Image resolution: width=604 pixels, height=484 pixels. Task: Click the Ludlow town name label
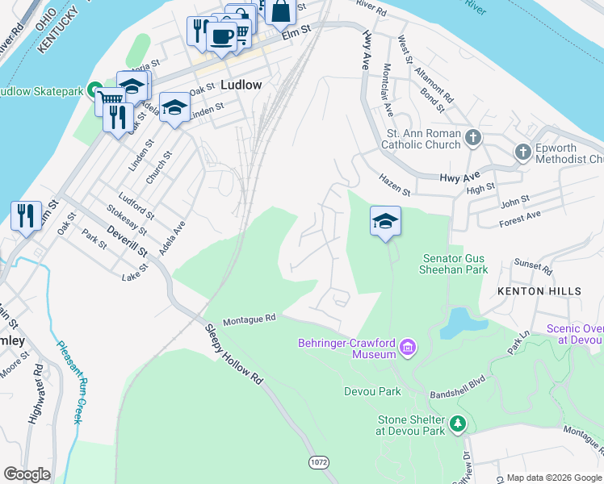pyautogui.click(x=241, y=85)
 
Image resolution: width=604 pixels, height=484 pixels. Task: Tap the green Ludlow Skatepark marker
pyautogui.click(x=94, y=90)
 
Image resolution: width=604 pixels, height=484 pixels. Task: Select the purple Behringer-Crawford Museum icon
pyautogui.click(x=408, y=348)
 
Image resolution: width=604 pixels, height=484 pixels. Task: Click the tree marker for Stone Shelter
pyautogui.click(x=458, y=423)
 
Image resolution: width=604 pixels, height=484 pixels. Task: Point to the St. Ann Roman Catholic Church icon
pyautogui.click(x=473, y=139)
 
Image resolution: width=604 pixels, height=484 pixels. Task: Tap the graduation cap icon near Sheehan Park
pyautogui.click(x=385, y=221)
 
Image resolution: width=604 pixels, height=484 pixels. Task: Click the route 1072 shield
pyautogui.click(x=319, y=461)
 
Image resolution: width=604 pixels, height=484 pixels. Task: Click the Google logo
pyautogui.click(x=27, y=474)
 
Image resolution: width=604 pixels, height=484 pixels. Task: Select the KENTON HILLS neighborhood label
pyautogui.click(x=539, y=290)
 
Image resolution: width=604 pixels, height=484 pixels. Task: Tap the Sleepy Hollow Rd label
pyautogui.click(x=234, y=356)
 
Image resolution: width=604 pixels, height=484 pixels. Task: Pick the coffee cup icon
pyautogui.click(x=221, y=35)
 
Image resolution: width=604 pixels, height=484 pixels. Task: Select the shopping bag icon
pyautogui.click(x=280, y=10)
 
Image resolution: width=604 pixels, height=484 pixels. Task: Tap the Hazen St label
pyautogui.click(x=395, y=187)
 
